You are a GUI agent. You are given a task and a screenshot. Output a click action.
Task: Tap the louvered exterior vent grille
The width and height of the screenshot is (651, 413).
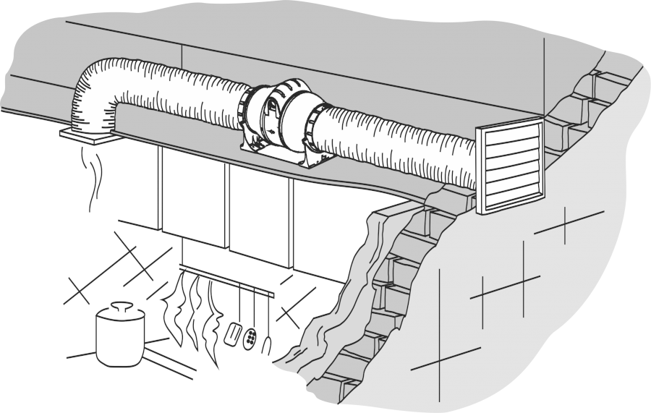click(x=509, y=166)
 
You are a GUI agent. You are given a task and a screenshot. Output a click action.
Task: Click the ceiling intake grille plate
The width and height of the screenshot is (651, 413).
click(x=85, y=135)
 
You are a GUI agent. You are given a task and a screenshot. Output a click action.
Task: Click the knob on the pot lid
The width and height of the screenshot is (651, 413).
click(x=122, y=306)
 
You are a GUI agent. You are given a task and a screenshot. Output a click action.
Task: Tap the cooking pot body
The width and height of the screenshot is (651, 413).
click(x=120, y=336)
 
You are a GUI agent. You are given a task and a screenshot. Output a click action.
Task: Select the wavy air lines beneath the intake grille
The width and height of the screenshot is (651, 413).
click(x=93, y=174)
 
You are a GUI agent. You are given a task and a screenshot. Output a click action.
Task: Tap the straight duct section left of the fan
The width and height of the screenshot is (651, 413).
click(x=181, y=94)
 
